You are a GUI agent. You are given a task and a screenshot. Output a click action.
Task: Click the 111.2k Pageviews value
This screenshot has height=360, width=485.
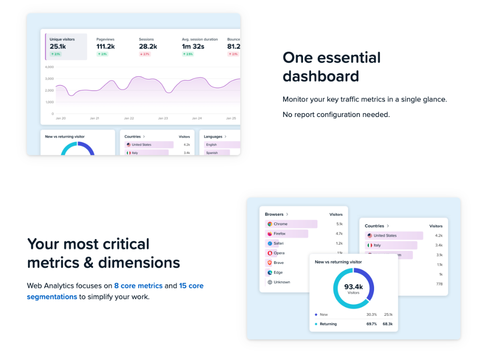click(105, 47)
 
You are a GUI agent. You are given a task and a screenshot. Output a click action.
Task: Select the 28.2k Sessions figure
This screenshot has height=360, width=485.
click(148, 47)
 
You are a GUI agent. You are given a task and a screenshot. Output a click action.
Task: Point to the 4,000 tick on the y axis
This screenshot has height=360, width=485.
click(49, 67)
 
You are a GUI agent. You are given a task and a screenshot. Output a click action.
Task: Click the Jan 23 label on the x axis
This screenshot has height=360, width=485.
click(163, 119)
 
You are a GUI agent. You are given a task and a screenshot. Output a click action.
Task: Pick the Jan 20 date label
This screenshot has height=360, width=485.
click(61, 119)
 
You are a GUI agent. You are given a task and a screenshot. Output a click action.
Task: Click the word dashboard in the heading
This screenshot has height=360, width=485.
click(320, 76)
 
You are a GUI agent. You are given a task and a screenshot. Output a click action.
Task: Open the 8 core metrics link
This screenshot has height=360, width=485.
click(138, 286)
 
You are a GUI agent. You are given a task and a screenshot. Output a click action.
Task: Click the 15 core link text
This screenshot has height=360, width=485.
click(191, 286)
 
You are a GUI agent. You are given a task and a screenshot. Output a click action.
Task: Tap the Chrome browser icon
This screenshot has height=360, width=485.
click(270, 224)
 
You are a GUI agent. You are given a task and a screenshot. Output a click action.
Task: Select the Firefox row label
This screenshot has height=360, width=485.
click(280, 234)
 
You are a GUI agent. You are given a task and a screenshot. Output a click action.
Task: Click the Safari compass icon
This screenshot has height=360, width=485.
click(270, 243)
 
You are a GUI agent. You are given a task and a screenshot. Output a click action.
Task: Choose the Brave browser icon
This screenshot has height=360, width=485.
click(270, 262)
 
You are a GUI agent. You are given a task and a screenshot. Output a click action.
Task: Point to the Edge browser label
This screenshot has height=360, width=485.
click(278, 272)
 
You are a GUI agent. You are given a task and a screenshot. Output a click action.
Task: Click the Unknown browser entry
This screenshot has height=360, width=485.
click(282, 282)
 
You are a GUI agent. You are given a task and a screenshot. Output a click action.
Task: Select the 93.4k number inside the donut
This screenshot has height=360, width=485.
click(353, 287)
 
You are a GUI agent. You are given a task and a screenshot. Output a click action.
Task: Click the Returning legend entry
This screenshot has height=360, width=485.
click(328, 324)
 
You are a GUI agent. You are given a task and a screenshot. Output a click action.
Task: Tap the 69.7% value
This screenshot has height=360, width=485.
click(371, 324)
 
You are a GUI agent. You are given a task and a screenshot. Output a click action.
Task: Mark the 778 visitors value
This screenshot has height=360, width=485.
click(439, 284)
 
